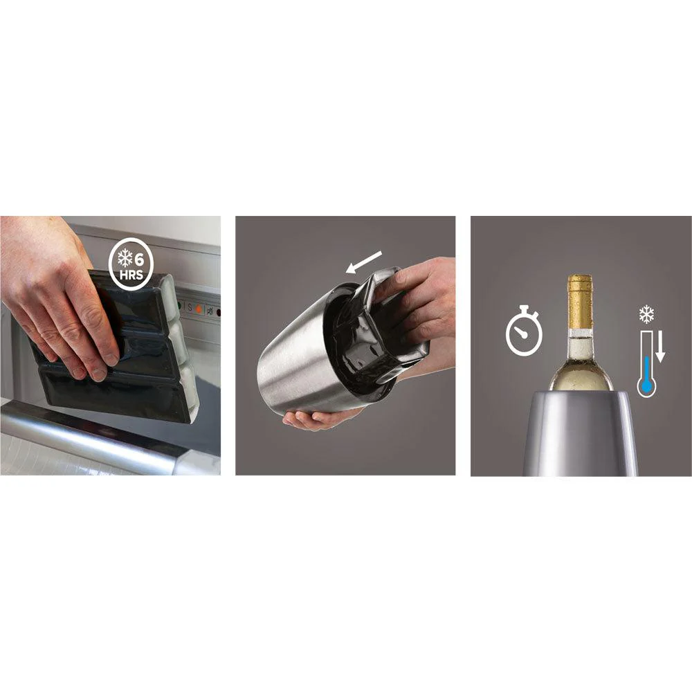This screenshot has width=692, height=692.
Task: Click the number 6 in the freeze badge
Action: (139, 259)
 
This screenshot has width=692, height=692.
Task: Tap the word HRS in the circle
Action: (131, 275)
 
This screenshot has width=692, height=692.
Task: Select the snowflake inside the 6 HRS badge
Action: (125, 259)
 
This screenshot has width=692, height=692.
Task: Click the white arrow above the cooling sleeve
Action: (364, 262)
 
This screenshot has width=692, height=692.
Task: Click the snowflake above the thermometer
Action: (646, 314)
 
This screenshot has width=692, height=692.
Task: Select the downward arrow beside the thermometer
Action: (660, 348)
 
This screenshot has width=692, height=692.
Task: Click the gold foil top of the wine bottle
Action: (579, 301)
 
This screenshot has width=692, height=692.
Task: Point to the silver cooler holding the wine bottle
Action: (581, 432)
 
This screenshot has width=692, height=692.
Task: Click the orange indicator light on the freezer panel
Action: (199, 309)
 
